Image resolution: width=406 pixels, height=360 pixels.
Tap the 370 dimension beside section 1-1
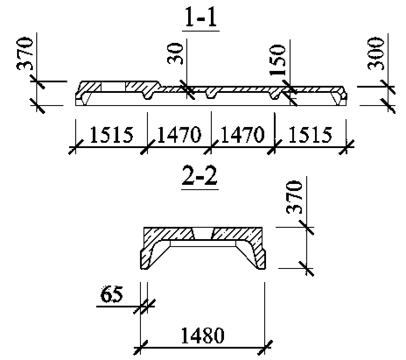[25, 54]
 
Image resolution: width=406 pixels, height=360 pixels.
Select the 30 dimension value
[175, 54]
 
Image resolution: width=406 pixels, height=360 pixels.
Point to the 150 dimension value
[277, 60]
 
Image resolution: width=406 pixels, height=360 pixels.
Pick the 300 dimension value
[375, 54]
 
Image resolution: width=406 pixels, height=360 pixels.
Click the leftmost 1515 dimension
[111, 135]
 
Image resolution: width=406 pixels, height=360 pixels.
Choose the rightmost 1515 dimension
[310, 135]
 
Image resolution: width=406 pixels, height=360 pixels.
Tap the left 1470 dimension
[179, 135]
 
